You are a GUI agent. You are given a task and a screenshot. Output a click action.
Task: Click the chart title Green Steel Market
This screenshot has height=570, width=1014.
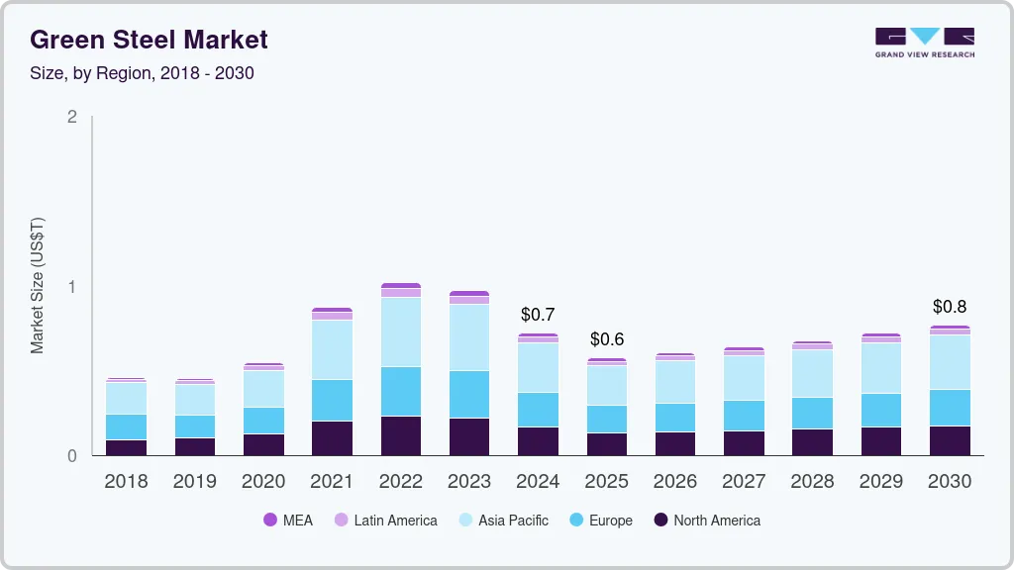point(149,41)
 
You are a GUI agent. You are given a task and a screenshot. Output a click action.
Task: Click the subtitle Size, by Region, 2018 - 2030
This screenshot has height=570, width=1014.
point(142,73)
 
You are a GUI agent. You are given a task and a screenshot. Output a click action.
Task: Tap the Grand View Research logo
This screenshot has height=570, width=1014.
point(925,43)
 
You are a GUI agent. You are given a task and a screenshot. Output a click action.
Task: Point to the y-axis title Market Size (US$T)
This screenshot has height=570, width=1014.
point(38,286)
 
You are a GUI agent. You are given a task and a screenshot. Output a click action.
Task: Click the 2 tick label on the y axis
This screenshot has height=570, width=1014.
point(71,117)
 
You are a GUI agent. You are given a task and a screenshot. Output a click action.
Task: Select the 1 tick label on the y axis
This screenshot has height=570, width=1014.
point(71,287)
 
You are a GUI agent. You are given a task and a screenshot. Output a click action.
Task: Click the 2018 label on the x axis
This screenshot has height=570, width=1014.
point(126,482)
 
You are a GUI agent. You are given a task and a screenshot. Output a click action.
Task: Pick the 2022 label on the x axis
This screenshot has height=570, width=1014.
point(400,482)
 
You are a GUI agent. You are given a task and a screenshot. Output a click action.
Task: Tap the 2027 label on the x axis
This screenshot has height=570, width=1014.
point(744,482)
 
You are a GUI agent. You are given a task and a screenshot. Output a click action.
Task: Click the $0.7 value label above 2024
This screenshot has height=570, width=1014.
point(538,315)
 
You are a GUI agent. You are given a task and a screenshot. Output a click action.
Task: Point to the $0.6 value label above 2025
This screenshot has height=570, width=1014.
point(606,339)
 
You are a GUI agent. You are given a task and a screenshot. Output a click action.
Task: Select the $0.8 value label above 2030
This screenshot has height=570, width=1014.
point(950,307)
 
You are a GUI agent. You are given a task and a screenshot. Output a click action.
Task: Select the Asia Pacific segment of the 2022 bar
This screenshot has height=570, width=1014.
point(400,332)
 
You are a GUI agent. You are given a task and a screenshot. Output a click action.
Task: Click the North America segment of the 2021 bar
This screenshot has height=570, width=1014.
point(332,438)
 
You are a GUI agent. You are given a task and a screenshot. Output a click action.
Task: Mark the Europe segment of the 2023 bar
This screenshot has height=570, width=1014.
point(469,394)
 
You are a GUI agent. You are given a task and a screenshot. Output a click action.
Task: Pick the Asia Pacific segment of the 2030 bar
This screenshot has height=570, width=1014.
point(950,362)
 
